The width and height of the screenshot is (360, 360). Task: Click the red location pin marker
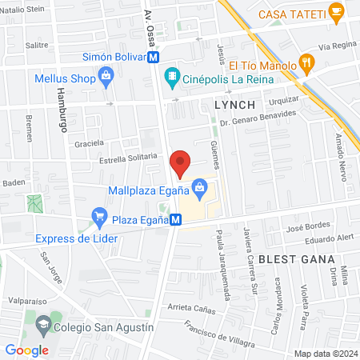tap(181, 163)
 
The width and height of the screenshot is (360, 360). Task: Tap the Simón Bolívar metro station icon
tap(153, 57)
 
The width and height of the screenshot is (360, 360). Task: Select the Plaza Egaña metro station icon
tap(174, 227)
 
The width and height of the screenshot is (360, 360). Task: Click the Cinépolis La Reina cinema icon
tap(171, 78)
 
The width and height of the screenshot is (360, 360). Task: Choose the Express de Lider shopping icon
tap(99, 215)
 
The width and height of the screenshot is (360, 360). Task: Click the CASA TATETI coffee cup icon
tap(338, 13)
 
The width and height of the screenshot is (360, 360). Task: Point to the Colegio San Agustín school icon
tap(42, 326)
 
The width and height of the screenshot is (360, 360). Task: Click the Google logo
tap(26, 349)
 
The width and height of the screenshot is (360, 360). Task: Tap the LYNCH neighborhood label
tap(234, 106)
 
